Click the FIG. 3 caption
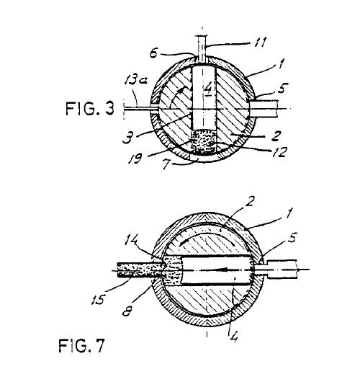click(x=90, y=109)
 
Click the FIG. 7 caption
click(x=81, y=345)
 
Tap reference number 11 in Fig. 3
click(x=261, y=43)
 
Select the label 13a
click(x=135, y=80)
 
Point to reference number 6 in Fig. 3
click(x=153, y=53)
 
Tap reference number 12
click(x=279, y=152)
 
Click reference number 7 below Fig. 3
click(x=167, y=165)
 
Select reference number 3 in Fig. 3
click(x=128, y=138)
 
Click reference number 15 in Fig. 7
click(x=99, y=299)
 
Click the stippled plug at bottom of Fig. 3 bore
click(x=204, y=143)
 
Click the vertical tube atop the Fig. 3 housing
click(x=202, y=50)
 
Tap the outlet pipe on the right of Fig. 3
click(x=264, y=109)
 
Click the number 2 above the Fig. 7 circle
click(x=250, y=202)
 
